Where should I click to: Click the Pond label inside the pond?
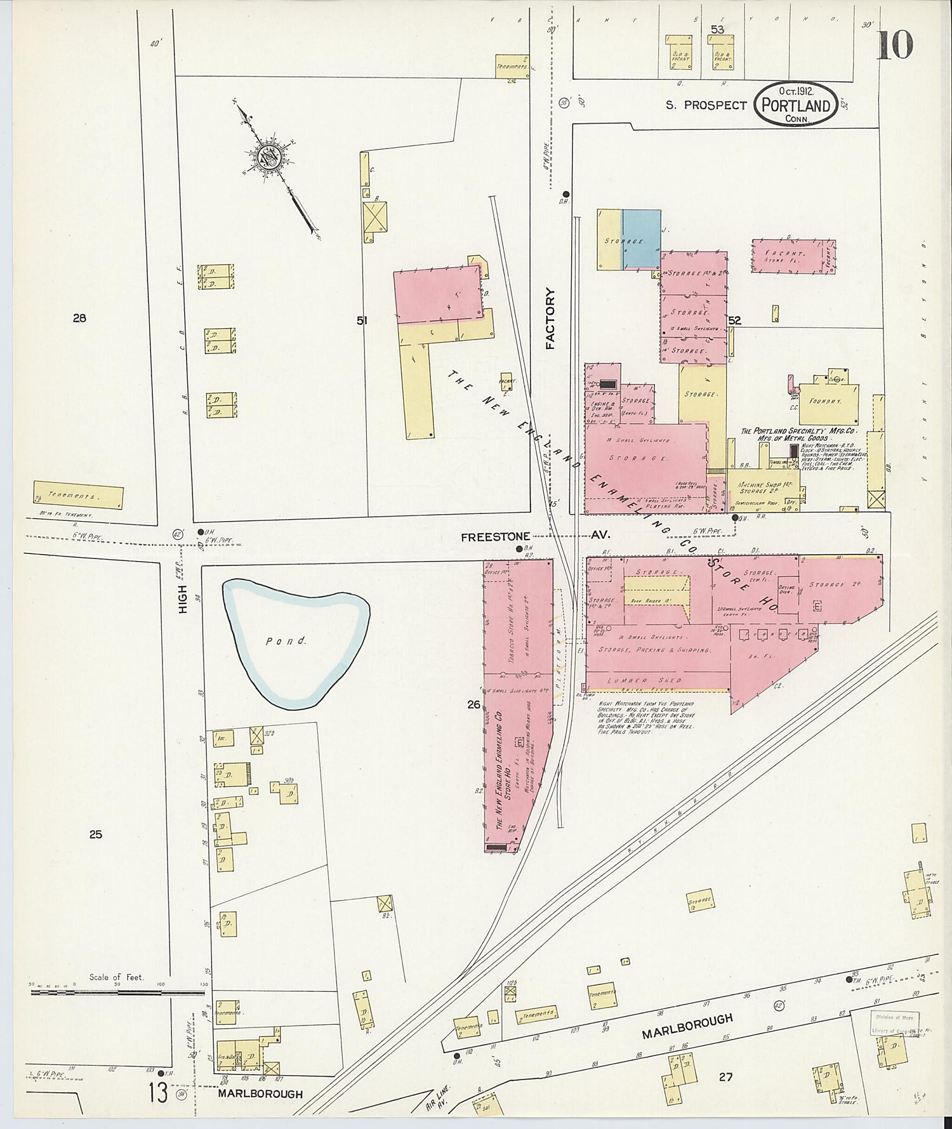click(286, 641)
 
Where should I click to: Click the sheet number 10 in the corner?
click(895, 45)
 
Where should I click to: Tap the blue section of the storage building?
click(640, 240)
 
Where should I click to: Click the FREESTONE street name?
click(495, 537)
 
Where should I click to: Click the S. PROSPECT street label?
click(706, 105)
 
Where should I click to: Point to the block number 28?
click(79, 319)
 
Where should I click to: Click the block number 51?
click(362, 321)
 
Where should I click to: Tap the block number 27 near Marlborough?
click(725, 1077)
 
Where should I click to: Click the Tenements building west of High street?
click(78, 496)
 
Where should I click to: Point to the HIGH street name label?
click(183, 598)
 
